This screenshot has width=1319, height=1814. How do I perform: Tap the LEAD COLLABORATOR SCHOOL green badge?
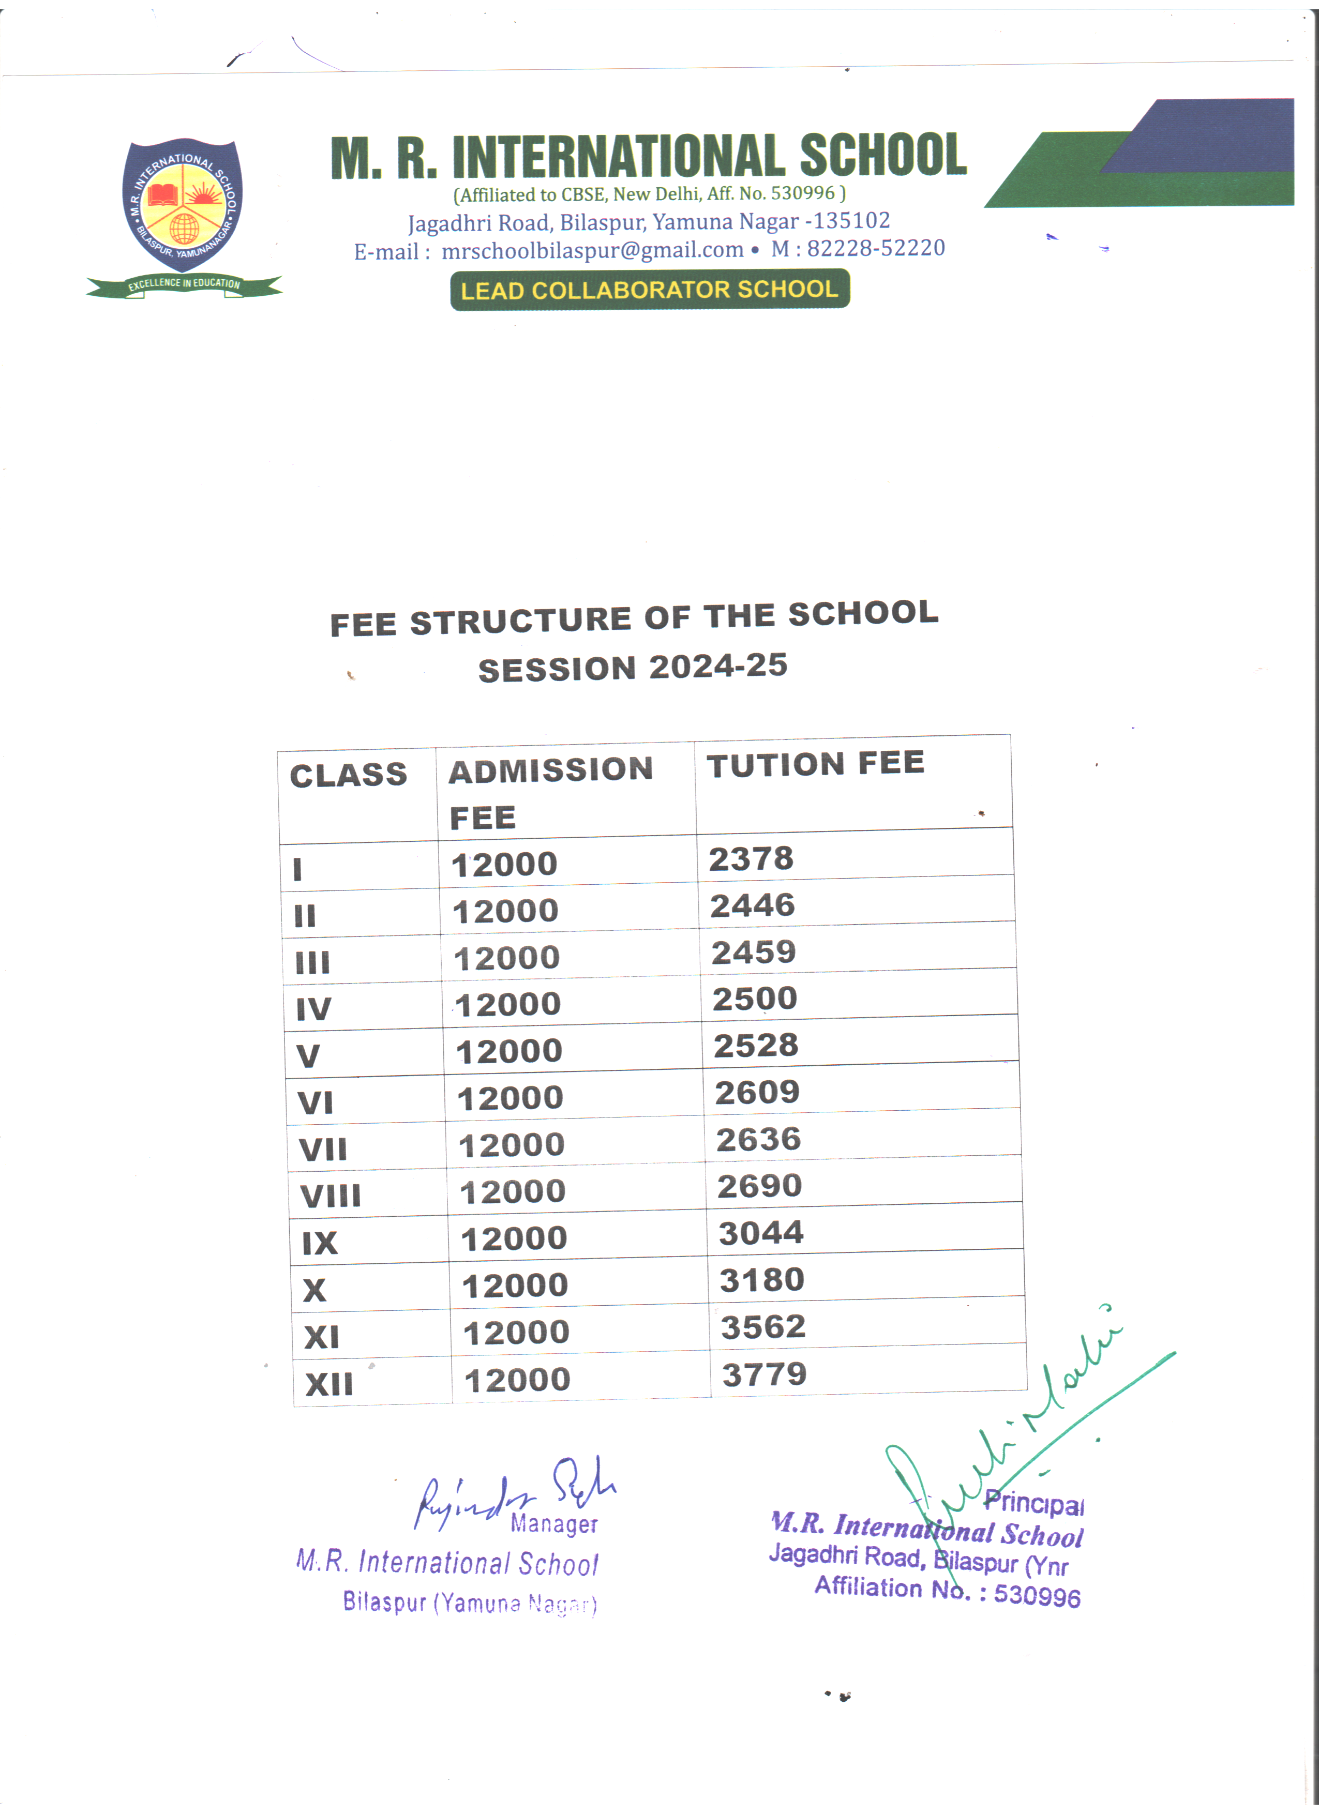[650, 290]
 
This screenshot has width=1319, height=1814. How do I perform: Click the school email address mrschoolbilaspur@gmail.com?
[592, 250]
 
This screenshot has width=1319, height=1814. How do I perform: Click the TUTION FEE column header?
[815, 764]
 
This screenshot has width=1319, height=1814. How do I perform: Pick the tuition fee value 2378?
[751, 859]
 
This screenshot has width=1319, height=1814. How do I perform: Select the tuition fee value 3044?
[761, 1233]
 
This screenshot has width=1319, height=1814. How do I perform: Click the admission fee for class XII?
[517, 1380]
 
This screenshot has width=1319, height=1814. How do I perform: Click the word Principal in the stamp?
[1034, 1502]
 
